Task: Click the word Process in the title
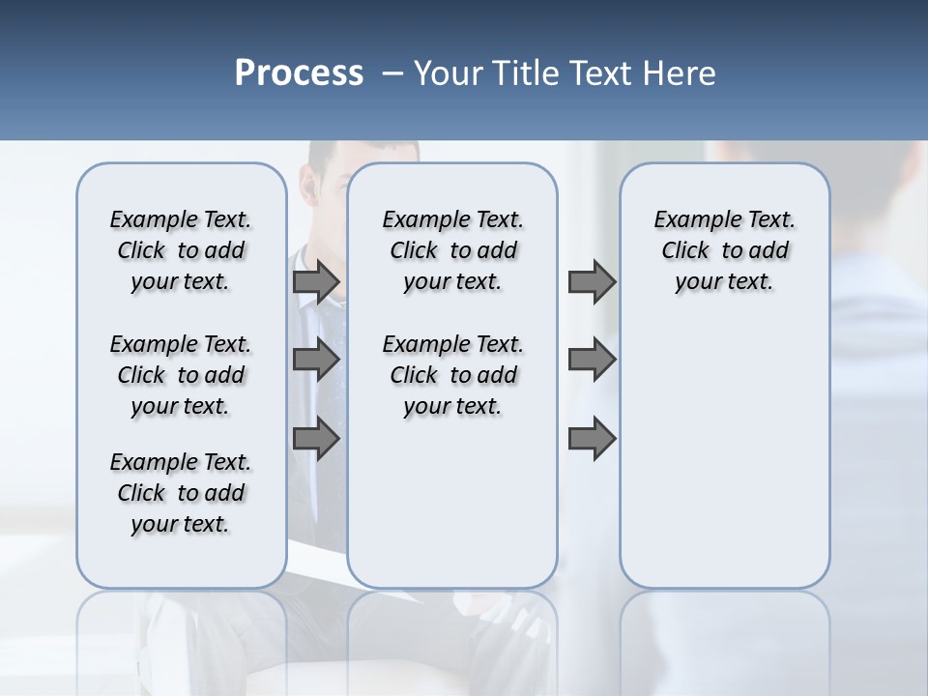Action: (299, 73)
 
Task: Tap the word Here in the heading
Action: (681, 73)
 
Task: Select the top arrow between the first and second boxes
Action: (316, 281)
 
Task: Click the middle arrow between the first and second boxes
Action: (316, 361)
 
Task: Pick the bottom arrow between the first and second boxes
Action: (316, 439)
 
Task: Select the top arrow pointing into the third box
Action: (592, 281)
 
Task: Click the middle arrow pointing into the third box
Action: (592, 361)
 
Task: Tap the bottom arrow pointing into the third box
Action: (592, 439)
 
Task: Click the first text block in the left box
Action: (181, 250)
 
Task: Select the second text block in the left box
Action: (181, 375)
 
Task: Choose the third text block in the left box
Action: (181, 493)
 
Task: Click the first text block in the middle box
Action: (453, 250)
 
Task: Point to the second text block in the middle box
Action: (453, 375)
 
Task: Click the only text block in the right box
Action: (725, 250)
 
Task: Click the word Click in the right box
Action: (685, 251)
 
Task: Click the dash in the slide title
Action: (392, 73)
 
